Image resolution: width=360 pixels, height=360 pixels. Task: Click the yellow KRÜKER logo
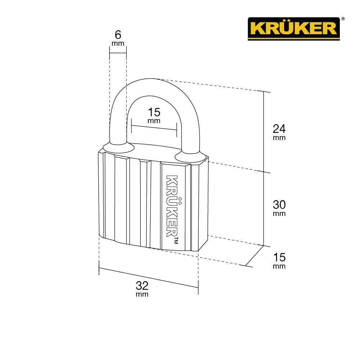tap(293, 28)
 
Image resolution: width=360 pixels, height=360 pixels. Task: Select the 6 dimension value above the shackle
tap(118, 35)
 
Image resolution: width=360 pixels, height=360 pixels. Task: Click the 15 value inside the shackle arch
tap(154, 112)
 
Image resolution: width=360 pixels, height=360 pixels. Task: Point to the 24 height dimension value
tap(279, 128)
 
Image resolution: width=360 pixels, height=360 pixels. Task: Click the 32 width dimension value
tap(142, 286)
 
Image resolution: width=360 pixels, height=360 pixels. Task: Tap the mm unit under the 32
tap(142, 294)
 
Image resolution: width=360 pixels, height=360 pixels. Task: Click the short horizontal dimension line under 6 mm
tap(118, 53)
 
